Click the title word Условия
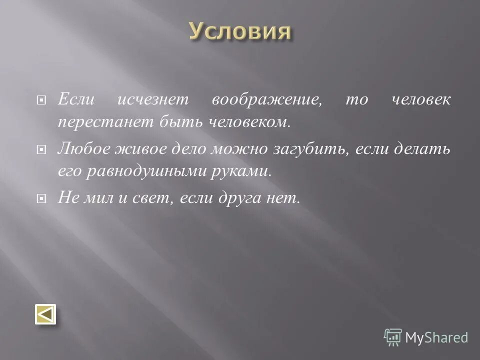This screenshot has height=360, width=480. (240, 31)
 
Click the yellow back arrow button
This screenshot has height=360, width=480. (45, 315)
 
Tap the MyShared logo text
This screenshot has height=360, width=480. (436, 337)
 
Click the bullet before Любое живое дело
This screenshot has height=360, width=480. (42, 149)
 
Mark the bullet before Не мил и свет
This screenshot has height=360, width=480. (42, 198)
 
